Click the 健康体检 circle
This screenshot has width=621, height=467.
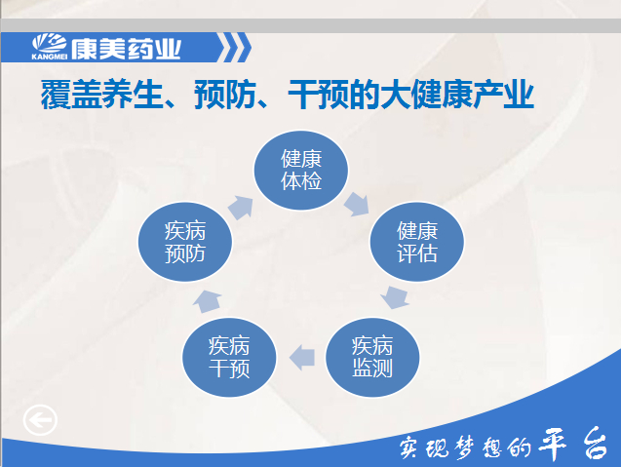coord(301,171)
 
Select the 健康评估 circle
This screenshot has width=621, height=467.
coord(416,242)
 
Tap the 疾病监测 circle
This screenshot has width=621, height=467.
coord(372,357)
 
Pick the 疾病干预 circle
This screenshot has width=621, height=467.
coord(229,357)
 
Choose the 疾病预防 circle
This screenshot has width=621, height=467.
coord(185,242)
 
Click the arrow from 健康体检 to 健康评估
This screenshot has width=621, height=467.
coord(357,205)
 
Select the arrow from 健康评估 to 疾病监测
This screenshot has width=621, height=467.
coord(395,298)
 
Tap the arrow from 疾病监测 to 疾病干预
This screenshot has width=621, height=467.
coord(302,358)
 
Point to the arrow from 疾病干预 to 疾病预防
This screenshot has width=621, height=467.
coord(207,301)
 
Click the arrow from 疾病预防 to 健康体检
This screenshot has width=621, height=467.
coord(241,208)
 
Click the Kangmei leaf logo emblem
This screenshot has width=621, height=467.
coord(50,43)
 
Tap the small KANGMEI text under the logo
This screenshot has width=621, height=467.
coord(50,57)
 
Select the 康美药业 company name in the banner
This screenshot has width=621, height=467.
coord(126,49)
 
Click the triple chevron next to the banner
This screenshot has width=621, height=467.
coord(234,48)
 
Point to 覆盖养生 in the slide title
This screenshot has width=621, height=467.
coord(101,95)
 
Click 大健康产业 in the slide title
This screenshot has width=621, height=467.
coord(457,95)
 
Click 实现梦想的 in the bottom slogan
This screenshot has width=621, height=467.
coord(466,448)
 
